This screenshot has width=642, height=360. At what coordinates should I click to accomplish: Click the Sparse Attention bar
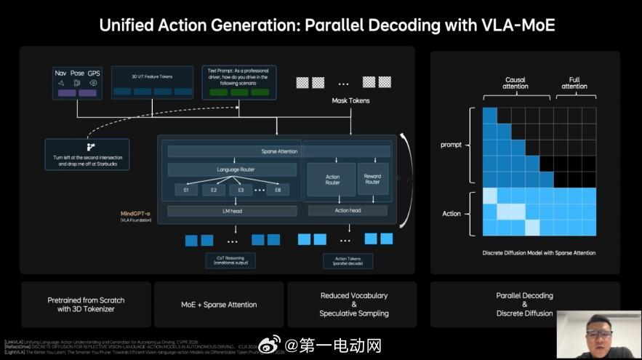pyautogui.click(x=279, y=151)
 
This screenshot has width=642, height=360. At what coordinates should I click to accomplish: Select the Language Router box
pyautogui.click(x=233, y=169)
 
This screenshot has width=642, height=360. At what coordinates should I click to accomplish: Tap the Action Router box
pyautogui.click(x=332, y=180)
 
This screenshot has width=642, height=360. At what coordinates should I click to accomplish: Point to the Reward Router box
pyautogui.click(x=372, y=179)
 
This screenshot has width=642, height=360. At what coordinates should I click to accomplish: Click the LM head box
pyautogui.click(x=233, y=211)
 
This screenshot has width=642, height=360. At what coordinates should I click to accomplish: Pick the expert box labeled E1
pyautogui.click(x=186, y=190)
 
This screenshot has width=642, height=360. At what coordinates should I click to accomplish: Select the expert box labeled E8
pyautogui.click(x=278, y=190)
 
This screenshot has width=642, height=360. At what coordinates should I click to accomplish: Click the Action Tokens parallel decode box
pyautogui.click(x=348, y=260)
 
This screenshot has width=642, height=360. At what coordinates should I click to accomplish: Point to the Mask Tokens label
pyautogui.click(x=350, y=100)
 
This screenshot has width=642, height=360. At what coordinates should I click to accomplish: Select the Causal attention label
pyautogui.click(x=515, y=83)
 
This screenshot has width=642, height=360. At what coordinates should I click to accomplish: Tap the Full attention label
pyautogui.click(x=574, y=83)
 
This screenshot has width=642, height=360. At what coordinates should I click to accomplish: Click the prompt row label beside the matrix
pyautogui.click(x=451, y=145)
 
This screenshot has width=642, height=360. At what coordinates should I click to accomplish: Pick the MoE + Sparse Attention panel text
pyautogui.click(x=219, y=305)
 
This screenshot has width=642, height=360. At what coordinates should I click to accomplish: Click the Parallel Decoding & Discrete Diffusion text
pyautogui.click(x=525, y=305)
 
